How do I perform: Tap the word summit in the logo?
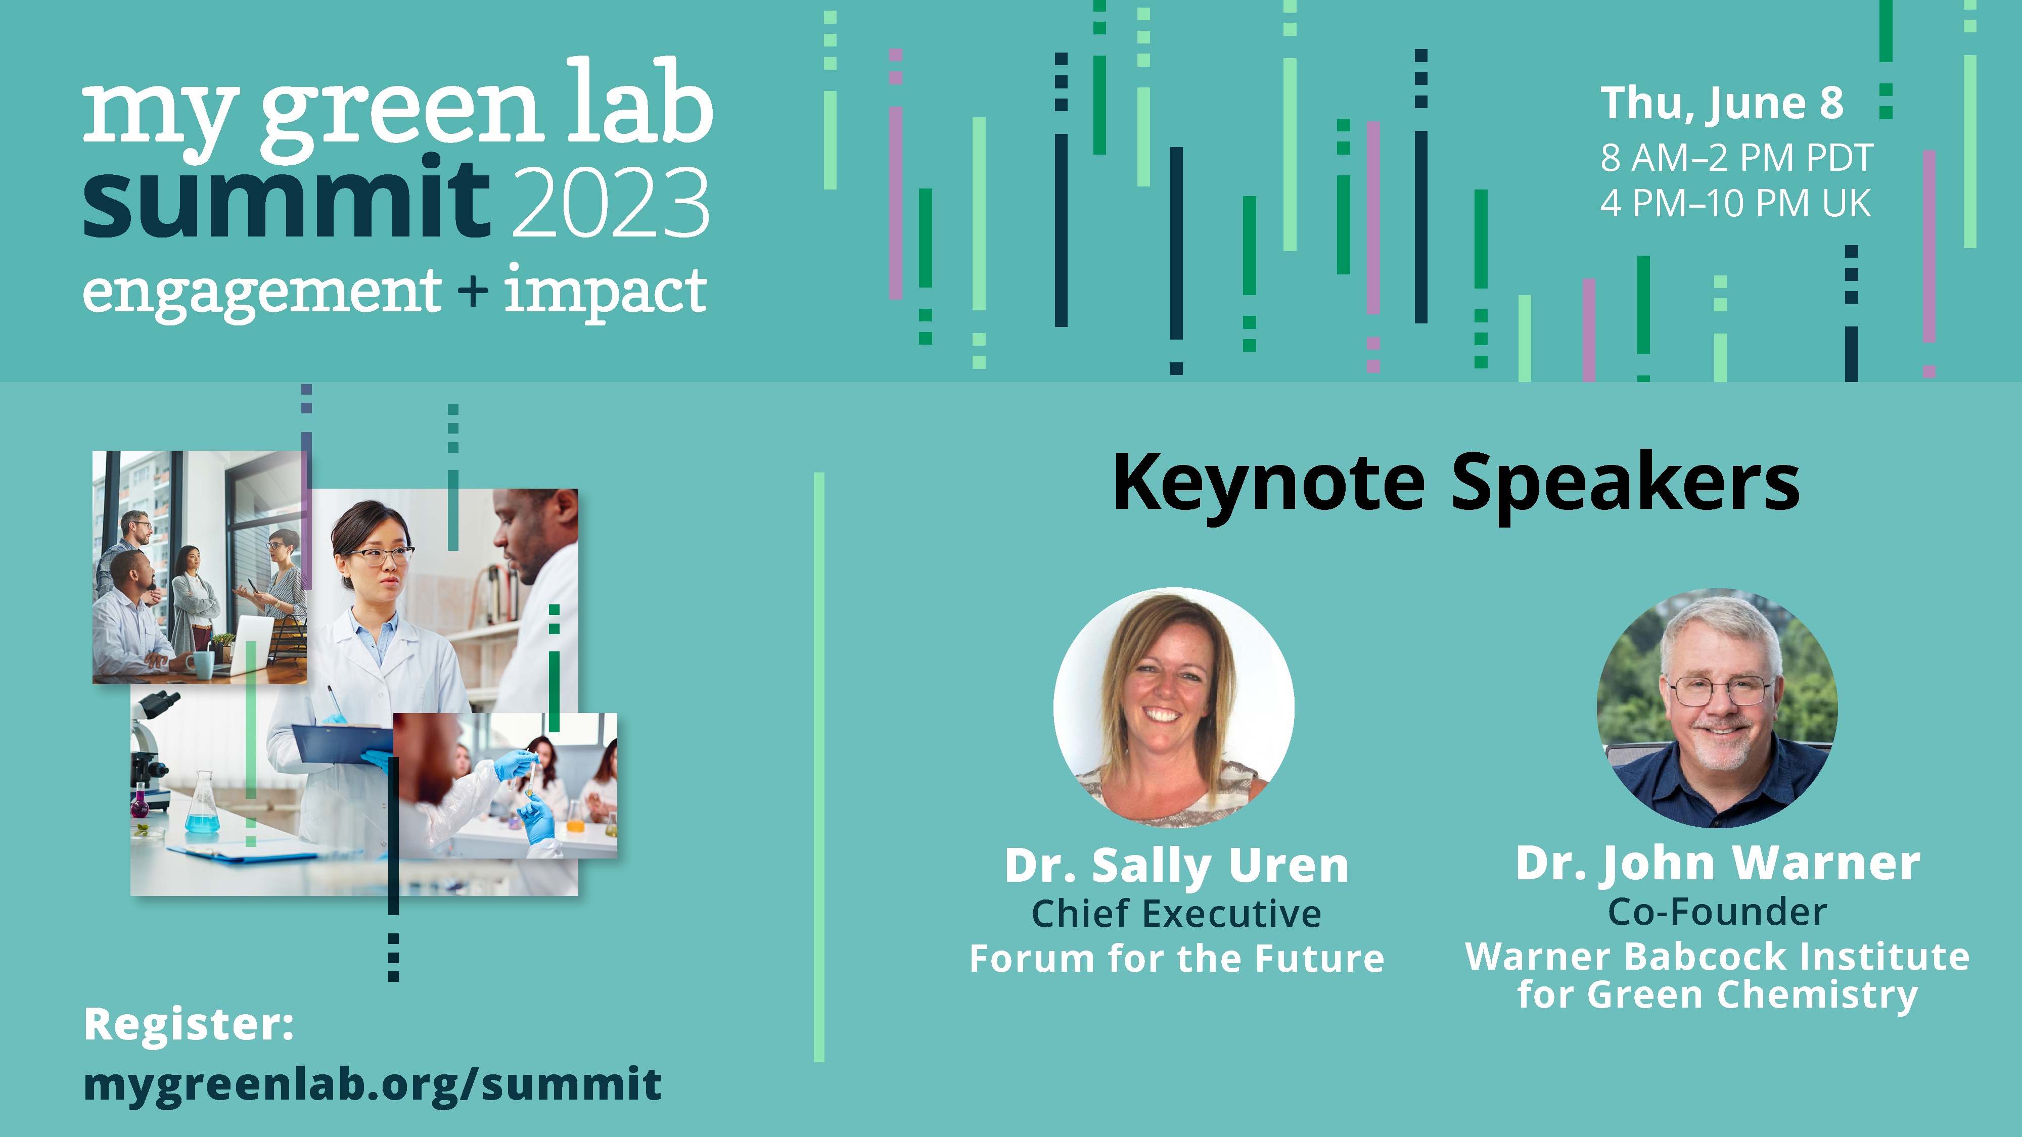[287, 199]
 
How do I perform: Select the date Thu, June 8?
[1721, 104]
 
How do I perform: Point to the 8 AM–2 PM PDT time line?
[1736, 158]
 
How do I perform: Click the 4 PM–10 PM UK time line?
[1735, 203]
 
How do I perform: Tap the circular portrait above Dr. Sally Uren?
[1173, 707]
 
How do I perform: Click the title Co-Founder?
[1718, 912]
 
